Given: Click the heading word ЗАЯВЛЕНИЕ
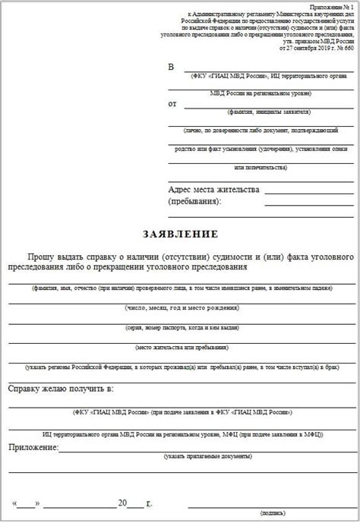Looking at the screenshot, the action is [181, 232].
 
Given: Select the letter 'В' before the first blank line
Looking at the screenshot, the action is [171, 67].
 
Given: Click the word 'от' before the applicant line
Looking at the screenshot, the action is [172, 103].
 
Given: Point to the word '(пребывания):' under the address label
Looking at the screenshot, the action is [194, 203].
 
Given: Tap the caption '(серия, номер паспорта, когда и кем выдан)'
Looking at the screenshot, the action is [180, 327].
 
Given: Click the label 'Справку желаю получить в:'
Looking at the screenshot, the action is [61, 389].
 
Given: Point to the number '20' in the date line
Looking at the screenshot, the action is [123, 503].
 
